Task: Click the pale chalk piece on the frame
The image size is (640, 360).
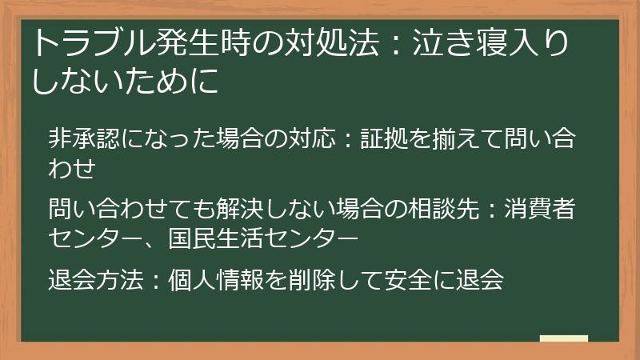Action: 564,338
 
